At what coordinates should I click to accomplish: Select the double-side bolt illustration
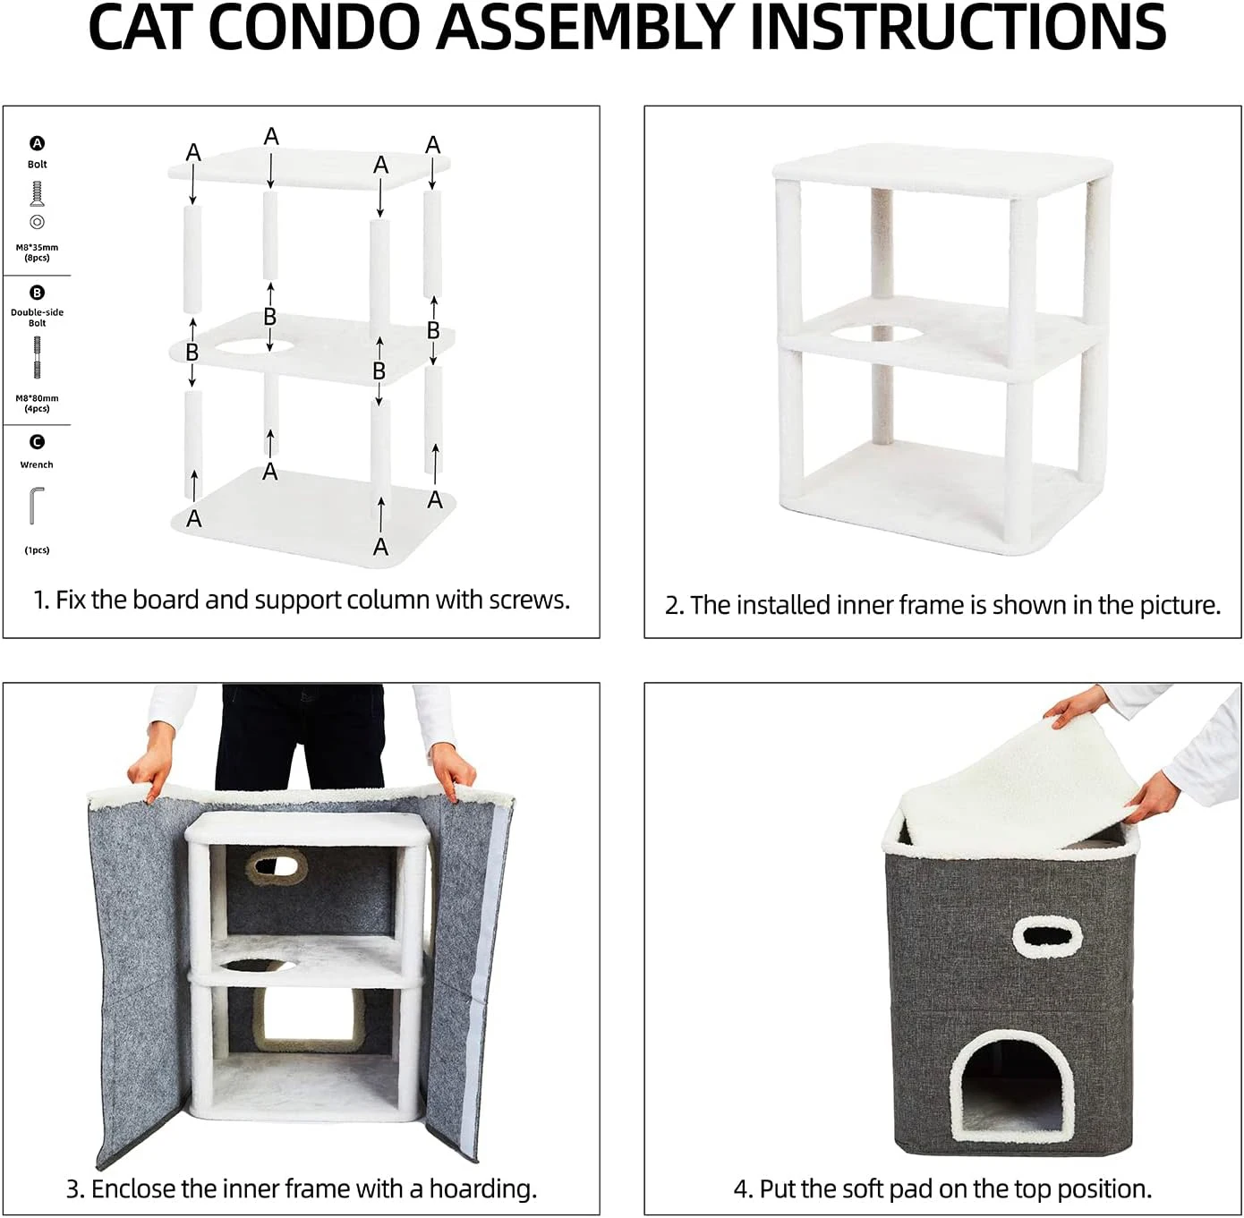[37, 358]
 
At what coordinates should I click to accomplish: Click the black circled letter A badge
[37, 143]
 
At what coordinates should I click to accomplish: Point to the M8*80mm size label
[37, 398]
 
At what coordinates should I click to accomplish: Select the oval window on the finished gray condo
[1047, 937]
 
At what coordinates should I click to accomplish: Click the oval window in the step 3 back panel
[277, 865]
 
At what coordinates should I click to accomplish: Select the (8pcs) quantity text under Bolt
[37, 258]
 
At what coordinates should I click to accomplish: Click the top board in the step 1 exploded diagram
[309, 168]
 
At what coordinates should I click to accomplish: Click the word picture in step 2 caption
[1177, 606]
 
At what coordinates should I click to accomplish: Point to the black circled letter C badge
[37, 441]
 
